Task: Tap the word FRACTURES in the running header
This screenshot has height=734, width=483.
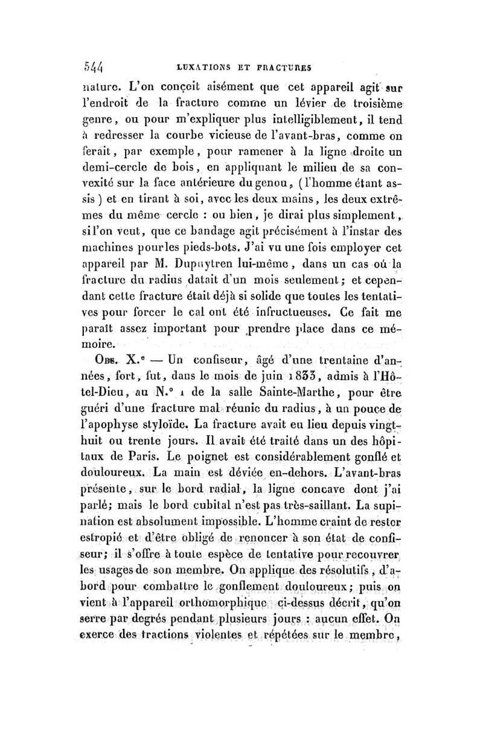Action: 288,66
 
